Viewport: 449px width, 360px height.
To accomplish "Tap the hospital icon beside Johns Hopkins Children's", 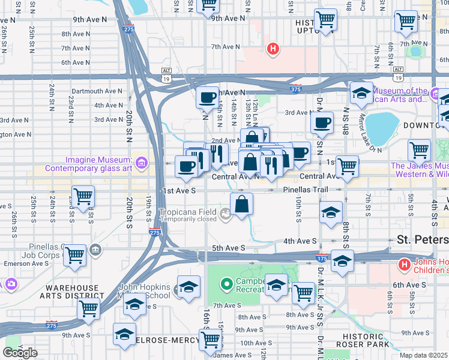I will (x=405, y=264).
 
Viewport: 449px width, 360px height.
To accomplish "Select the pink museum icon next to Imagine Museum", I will (x=141, y=163).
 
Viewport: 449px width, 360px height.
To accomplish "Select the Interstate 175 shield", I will (x=322, y=259).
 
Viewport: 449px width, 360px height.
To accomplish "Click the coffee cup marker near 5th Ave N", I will (x=208, y=97).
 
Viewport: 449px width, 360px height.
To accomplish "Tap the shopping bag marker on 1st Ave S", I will (x=241, y=203).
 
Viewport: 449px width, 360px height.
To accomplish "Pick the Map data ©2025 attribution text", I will (x=424, y=355).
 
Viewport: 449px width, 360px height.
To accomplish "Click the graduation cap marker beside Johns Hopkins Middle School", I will (x=188, y=287).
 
